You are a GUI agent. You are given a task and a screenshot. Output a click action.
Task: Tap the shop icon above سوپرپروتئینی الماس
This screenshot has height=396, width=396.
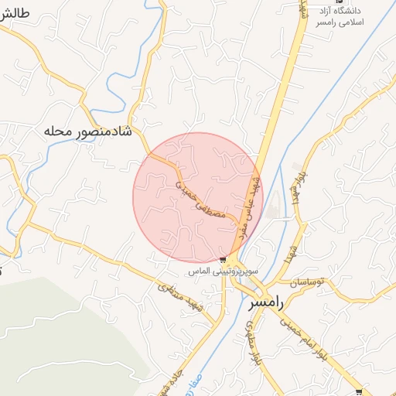[223, 260]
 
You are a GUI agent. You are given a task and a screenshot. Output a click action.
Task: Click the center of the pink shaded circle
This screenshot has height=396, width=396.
[198, 197]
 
